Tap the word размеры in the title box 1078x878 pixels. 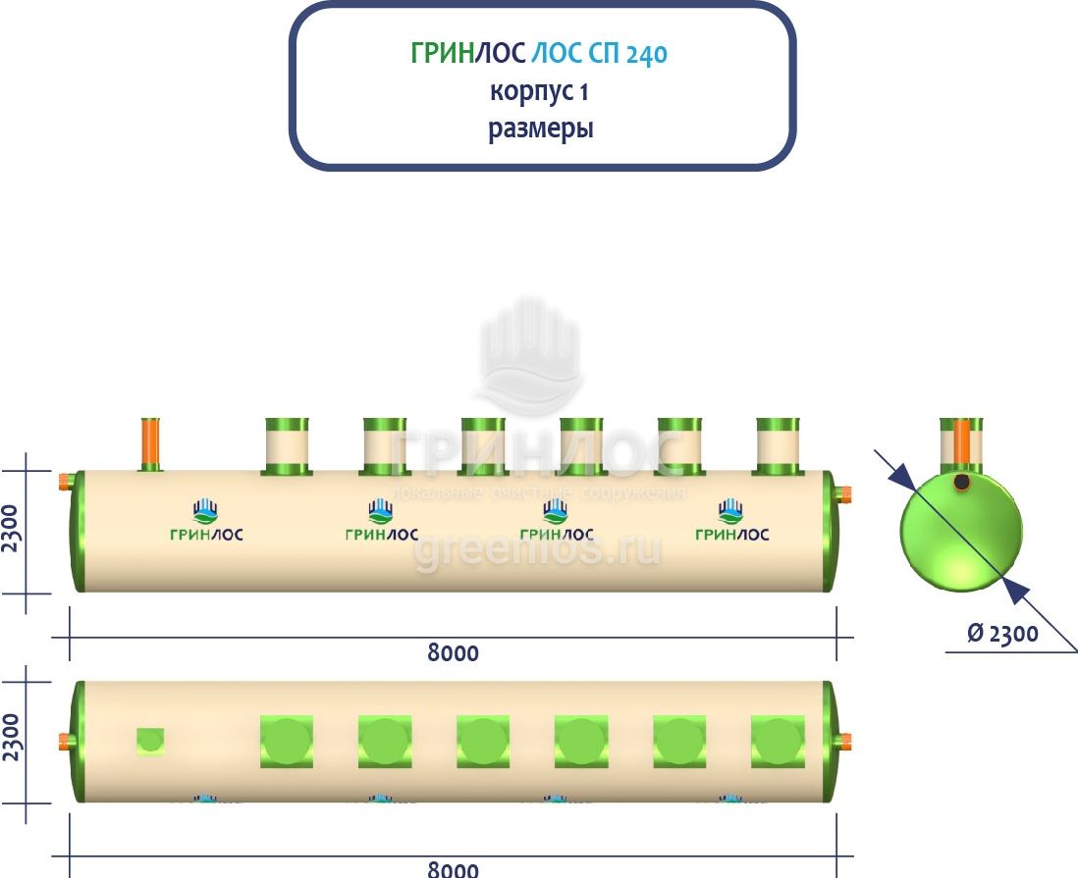(x=541, y=129)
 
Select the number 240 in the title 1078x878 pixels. (x=646, y=55)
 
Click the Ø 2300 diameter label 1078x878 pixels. (x=1002, y=633)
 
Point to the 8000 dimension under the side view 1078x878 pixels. (x=453, y=652)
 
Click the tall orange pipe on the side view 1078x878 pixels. (x=150, y=444)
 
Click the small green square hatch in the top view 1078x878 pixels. (x=150, y=741)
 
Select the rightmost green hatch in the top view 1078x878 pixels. (x=778, y=742)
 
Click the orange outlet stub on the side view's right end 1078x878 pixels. (x=844, y=492)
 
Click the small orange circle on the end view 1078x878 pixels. (x=962, y=483)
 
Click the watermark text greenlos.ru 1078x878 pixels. (x=537, y=550)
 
